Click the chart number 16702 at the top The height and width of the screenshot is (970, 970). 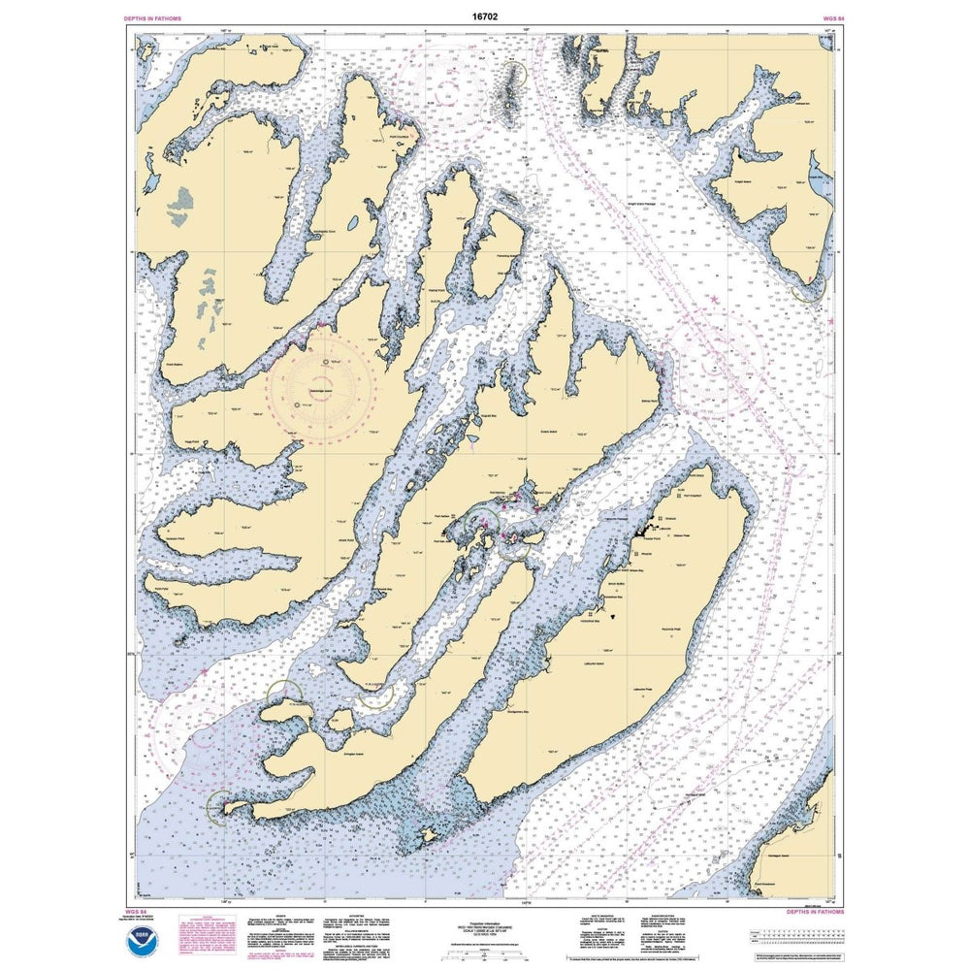484,17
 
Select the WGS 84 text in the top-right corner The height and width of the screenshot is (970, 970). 821,18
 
